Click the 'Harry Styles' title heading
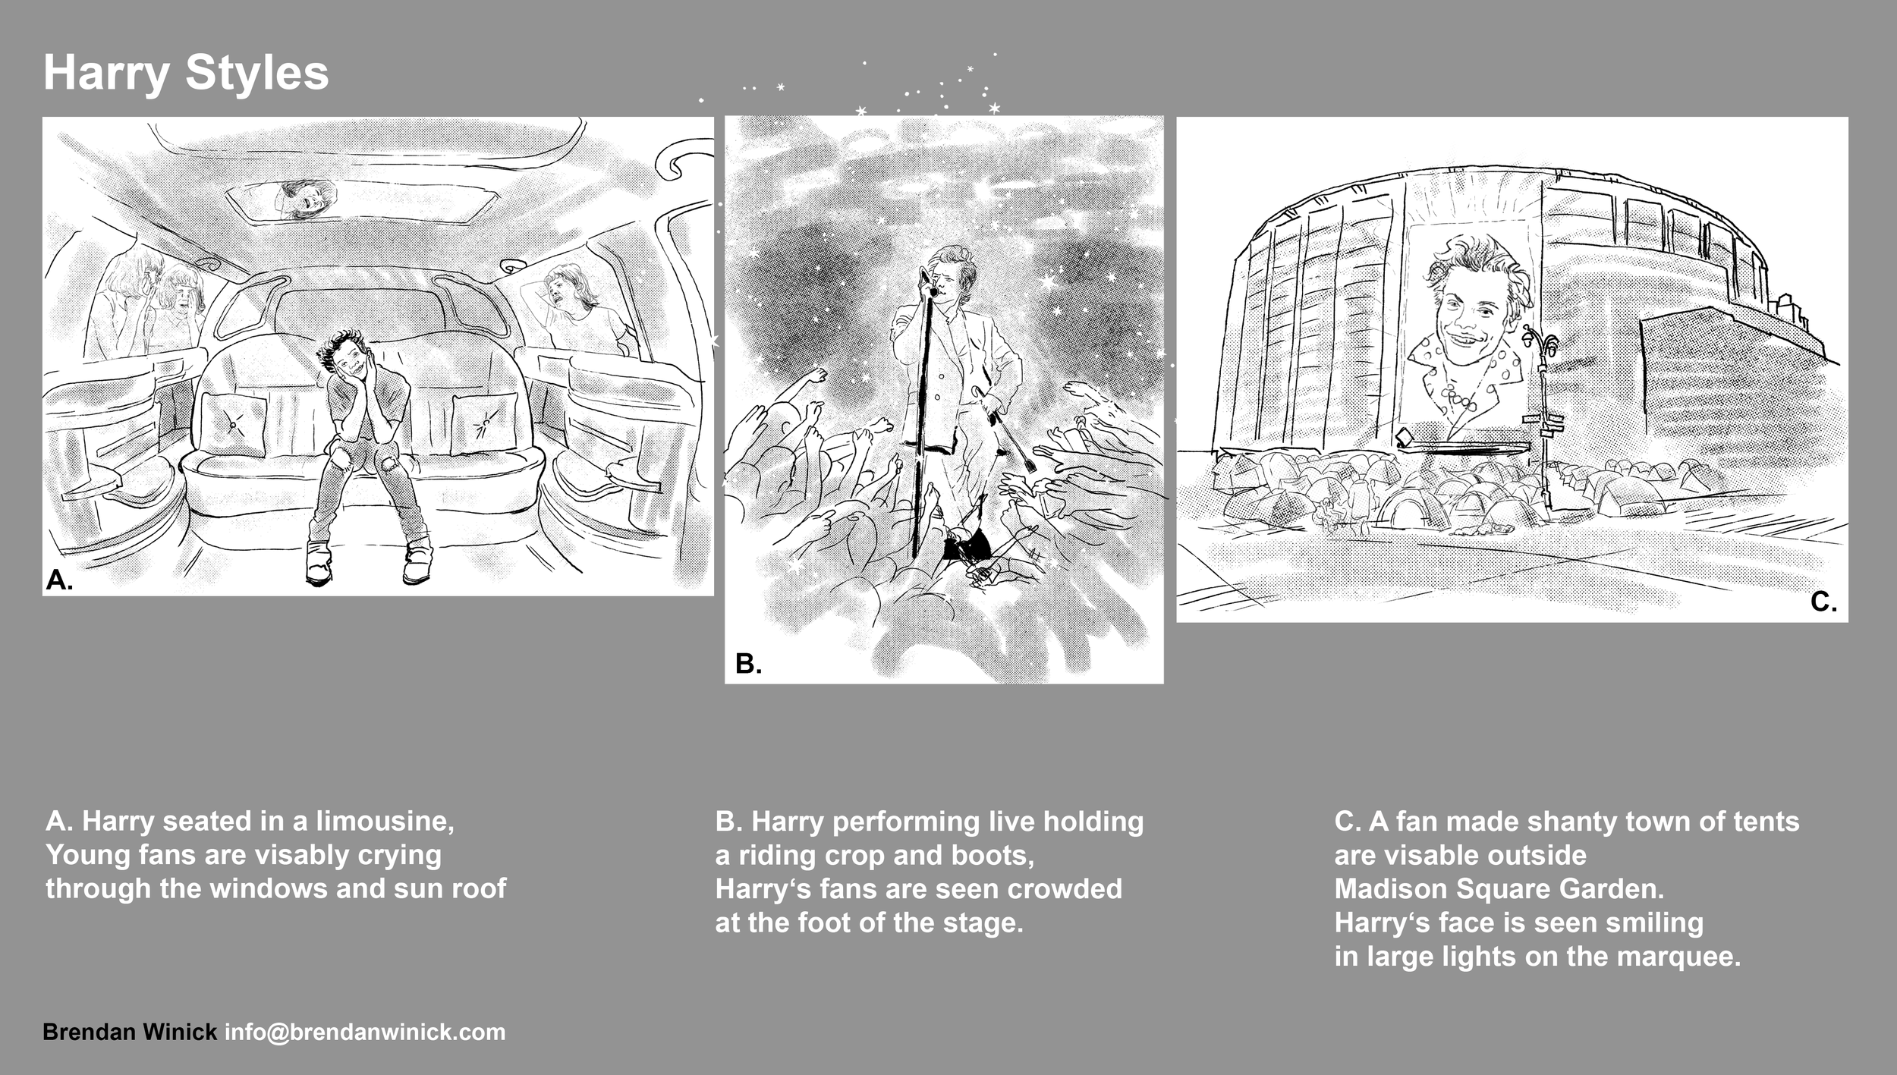coord(186,74)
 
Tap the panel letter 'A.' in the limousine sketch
coord(59,580)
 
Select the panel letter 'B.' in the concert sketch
coord(748,664)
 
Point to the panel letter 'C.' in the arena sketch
coord(1823,602)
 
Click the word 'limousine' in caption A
coord(384,821)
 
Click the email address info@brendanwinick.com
coord(365,1032)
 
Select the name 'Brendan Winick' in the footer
coord(130,1032)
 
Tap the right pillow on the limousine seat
coord(483,425)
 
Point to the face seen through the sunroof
coord(305,198)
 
